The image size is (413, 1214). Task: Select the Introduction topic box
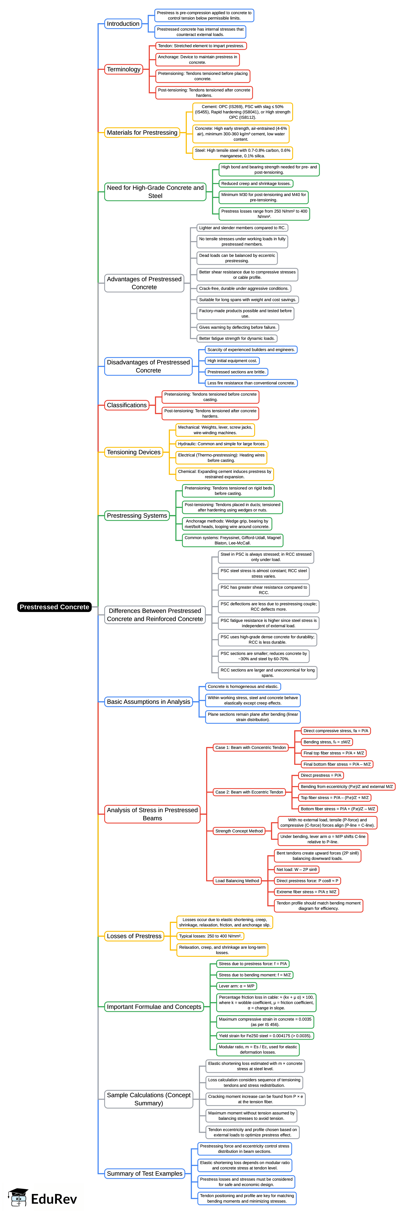pyautogui.click(x=123, y=24)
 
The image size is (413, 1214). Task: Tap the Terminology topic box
pyautogui.click(x=123, y=69)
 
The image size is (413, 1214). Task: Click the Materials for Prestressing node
pyautogui.click(x=142, y=132)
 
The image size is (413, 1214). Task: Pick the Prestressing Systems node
pyautogui.click(x=137, y=516)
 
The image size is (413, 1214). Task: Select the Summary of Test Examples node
pyautogui.click(x=144, y=1174)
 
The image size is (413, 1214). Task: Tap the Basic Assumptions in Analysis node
pyautogui.click(x=148, y=702)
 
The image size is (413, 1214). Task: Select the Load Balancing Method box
pyautogui.click(x=237, y=881)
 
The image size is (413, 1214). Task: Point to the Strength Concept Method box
pyautogui.click(x=239, y=831)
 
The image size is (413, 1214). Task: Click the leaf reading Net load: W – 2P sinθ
pyautogui.click(x=296, y=870)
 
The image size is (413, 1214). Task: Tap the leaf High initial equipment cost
pyautogui.click(x=232, y=361)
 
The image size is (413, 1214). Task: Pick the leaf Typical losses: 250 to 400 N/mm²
pyautogui.click(x=210, y=936)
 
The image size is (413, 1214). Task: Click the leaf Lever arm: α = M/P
pyautogui.click(x=236, y=986)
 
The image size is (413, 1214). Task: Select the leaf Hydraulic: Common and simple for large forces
pyautogui.click(x=221, y=444)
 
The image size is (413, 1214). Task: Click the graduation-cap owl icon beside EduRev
pyautogui.click(x=18, y=1198)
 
